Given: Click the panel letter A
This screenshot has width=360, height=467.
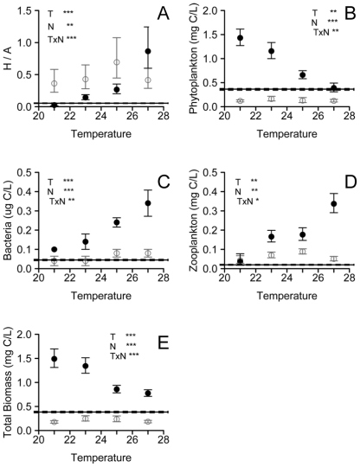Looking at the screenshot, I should (x=161, y=14).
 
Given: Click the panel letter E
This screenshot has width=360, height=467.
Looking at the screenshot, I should (x=161, y=342).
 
